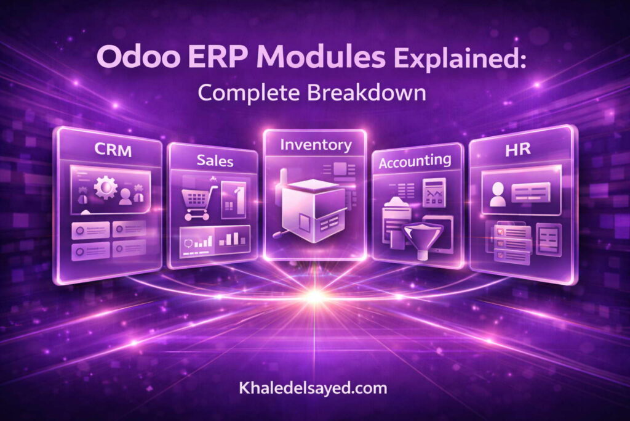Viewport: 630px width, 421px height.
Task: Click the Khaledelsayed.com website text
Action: click(313, 388)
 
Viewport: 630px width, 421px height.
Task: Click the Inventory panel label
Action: click(316, 145)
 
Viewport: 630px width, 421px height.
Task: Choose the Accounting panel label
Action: click(415, 161)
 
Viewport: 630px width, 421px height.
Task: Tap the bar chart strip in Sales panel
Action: click(215, 239)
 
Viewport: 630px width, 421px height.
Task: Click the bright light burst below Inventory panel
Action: click(315, 296)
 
